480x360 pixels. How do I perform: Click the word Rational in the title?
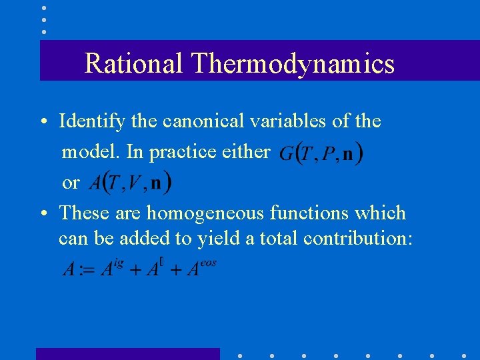pyautogui.click(x=133, y=64)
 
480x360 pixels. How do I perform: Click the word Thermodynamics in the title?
pyautogui.click(x=293, y=64)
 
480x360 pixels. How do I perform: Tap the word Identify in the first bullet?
pyautogui.click(x=89, y=121)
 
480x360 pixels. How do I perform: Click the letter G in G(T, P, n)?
pyautogui.click(x=286, y=155)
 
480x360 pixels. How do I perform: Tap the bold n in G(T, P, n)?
pyautogui.click(x=348, y=155)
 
